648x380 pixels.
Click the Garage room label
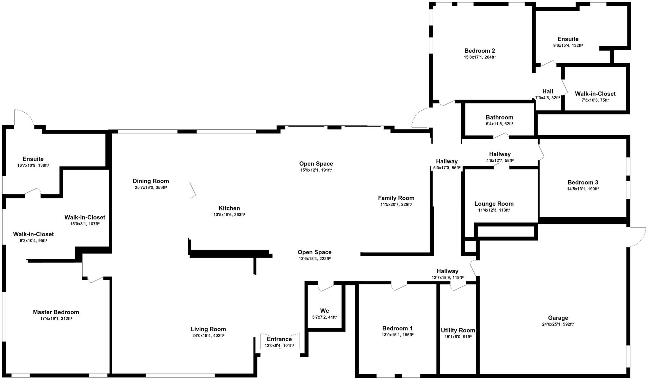pyautogui.click(x=558, y=318)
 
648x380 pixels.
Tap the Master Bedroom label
pyautogui.click(x=56, y=312)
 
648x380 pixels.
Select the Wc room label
pyautogui.click(x=324, y=311)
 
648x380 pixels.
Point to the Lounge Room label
pyautogui.click(x=494, y=204)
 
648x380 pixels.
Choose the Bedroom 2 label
pyautogui.click(x=480, y=51)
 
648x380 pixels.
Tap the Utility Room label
pyautogui.click(x=458, y=330)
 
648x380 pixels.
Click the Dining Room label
pyautogui.click(x=151, y=181)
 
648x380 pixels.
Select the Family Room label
pyautogui.click(x=396, y=198)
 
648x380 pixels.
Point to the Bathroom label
pyautogui.click(x=499, y=117)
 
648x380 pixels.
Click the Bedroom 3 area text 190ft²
pyautogui.click(x=593, y=189)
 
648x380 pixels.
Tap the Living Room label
pyautogui.click(x=208, y=329)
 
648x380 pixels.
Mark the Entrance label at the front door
pyautogui.click(x=279, y=339)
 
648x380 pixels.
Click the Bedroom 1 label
pyautogui.click(x=397, y=328)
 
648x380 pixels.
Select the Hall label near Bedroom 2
pyautogui.click(x=548, y=91)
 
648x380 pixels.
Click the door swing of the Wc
pyautogui.click(x=326, y=288)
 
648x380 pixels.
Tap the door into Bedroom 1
pyautogui.click(x=399, y=287)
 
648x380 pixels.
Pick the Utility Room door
pyautogui.click(x=458, y=287)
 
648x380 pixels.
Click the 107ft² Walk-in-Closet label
pyautogui.click(x=85, y=217)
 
